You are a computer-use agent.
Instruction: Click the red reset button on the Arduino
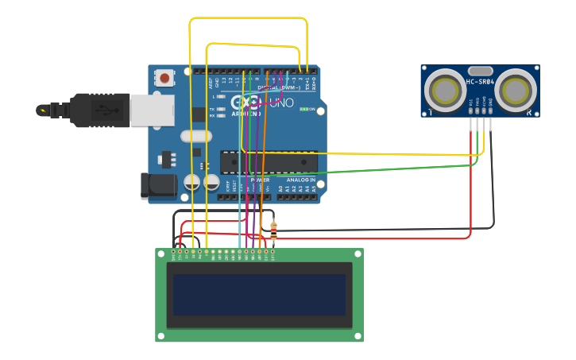pos(164,78)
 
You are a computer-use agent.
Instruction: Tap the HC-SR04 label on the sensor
pos(480,82)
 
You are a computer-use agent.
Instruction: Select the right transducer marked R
pos(516,91)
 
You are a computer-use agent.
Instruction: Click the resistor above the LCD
pos(273,230)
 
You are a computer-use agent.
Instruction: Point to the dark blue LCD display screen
pos(259,295)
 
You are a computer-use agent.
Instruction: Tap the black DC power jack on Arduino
pos(158,186)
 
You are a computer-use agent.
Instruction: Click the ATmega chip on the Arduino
pos(269,162)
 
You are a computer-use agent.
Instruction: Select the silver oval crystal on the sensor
pos(480,71)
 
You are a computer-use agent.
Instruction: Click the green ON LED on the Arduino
pos(303,109)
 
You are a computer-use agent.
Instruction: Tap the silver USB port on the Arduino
pos(152,110)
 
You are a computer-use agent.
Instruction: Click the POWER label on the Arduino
pos(260,180)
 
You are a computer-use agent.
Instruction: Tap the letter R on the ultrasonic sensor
pos(529,113)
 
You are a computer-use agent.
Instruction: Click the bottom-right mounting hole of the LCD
pos(358,336)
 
